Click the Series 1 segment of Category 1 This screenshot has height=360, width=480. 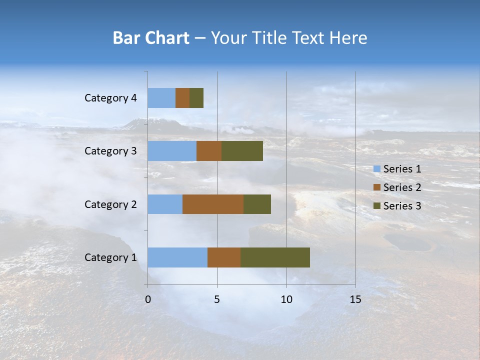[x=177, y=257]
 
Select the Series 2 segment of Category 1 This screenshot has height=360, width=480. [x=224, y=257]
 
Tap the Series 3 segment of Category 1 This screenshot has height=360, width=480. [x=275, y=257]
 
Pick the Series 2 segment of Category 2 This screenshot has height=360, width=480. [x=213, y=204]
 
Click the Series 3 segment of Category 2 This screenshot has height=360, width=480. [x=257, y=204]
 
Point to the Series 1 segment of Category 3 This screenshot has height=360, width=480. [x=172, y=151]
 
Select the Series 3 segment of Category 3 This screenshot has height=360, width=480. [x=242, y=151]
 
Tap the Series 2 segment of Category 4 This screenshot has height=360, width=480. [x=182, y=98]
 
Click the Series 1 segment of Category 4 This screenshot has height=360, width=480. [x=161, y=98]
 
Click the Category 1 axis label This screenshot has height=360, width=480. [x=110, y=257]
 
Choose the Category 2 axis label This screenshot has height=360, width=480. [x=110, y=204]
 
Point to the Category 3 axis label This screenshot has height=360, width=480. [x=110, y=151]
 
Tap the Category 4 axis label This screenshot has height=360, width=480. [x=110, y=98]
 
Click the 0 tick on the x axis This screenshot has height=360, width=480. [x=148, y=299]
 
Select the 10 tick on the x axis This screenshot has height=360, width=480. [x=286, y=299]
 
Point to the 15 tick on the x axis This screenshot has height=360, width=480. [x=355, y=299]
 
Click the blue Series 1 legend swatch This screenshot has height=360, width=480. [x=377, y=169]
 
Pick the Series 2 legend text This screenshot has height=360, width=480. [x=402, y=187]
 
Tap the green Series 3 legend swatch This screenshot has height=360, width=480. [x=377, y=206]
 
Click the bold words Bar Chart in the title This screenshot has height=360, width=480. [x=151, y=38]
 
